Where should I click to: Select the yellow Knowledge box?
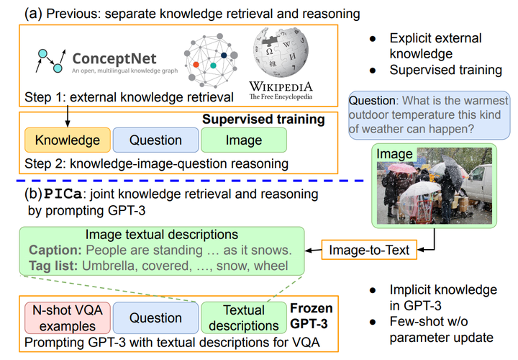67,140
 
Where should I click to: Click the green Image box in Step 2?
243,140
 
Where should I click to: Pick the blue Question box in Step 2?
155,140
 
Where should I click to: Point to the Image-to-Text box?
369,250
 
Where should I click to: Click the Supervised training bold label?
263,119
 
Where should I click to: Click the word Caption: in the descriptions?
54,250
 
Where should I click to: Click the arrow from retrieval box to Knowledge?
66,116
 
